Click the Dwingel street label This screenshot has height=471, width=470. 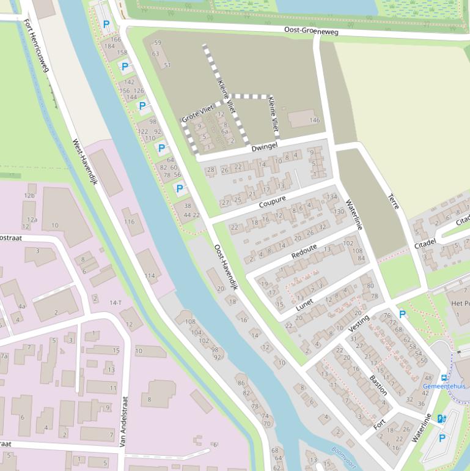[x=264, y=147]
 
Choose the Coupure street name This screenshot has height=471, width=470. [x=272, y=201]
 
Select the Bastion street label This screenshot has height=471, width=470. [x=378, y=385]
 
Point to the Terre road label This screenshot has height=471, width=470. [x=393, y=202]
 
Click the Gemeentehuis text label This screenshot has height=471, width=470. [x=444, y=387]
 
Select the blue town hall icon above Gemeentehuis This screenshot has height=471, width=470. [x=444, y=377]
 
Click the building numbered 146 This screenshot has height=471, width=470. [x=314, y=121]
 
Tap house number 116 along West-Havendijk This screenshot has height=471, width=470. [x=129, y=221]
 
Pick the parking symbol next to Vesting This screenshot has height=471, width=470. [x=402, y=314]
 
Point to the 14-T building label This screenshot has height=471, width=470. [x=115, y=303]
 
